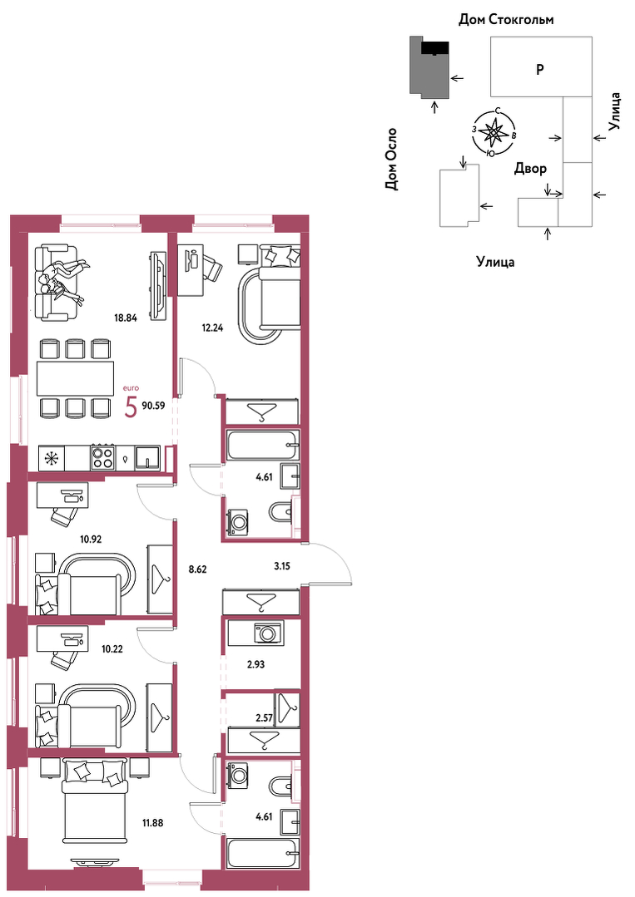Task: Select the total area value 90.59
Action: pyautogui.click(x=153, y=407)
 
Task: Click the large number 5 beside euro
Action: pyautogui.click(x=131, y=407)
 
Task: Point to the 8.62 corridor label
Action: pyautogui.click(x=197, y=569)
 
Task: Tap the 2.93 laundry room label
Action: pyautogui.click(x=255, y=665)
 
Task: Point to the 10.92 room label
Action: pyautogui.click(x=91, y=539)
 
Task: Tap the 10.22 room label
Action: pyautogui.click(x=112, y=649)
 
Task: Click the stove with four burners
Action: pyautogui.click(x=103, y=458)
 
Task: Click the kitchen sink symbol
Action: pyautogui.click(x=149, y=458)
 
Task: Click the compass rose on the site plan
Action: pyautogui.click(x=492, y=131)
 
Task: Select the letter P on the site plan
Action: pyautogui.click(x=539, y=70)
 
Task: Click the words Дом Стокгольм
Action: pyautogui.click(x=506, y=19)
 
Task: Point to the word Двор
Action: pyautogui.click(x=530, y=168)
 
